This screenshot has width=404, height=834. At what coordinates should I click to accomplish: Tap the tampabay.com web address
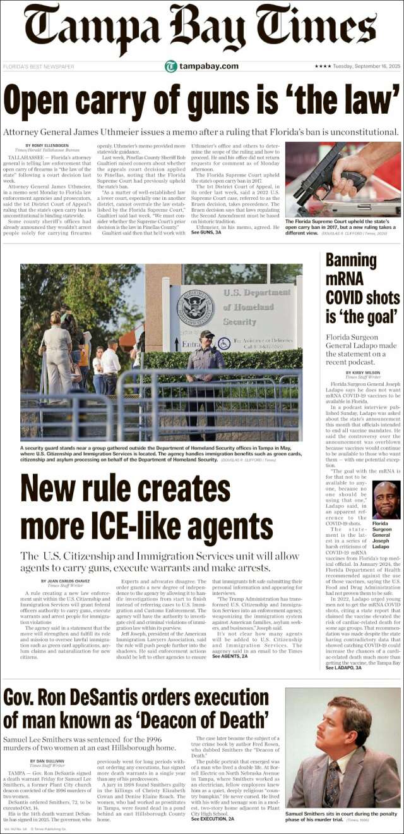208,66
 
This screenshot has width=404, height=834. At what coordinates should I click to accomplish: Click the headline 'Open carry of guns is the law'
202,98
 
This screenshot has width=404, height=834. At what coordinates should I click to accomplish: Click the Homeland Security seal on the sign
196,308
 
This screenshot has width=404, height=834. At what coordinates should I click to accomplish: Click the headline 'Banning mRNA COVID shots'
361,288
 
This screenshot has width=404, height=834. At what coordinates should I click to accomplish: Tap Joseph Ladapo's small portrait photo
386,500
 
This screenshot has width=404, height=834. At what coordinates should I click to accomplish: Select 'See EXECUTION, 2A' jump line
213,819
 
